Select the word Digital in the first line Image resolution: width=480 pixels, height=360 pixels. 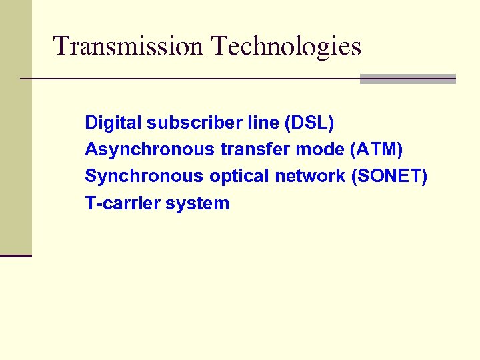tap(113, 123)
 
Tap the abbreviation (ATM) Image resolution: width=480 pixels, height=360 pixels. tap(376, 150)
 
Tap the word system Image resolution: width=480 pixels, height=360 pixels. tap(197, 203)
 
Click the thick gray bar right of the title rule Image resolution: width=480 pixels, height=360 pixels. tap(407, 79)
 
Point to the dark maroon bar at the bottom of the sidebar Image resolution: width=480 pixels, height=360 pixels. tap(15, 255)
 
